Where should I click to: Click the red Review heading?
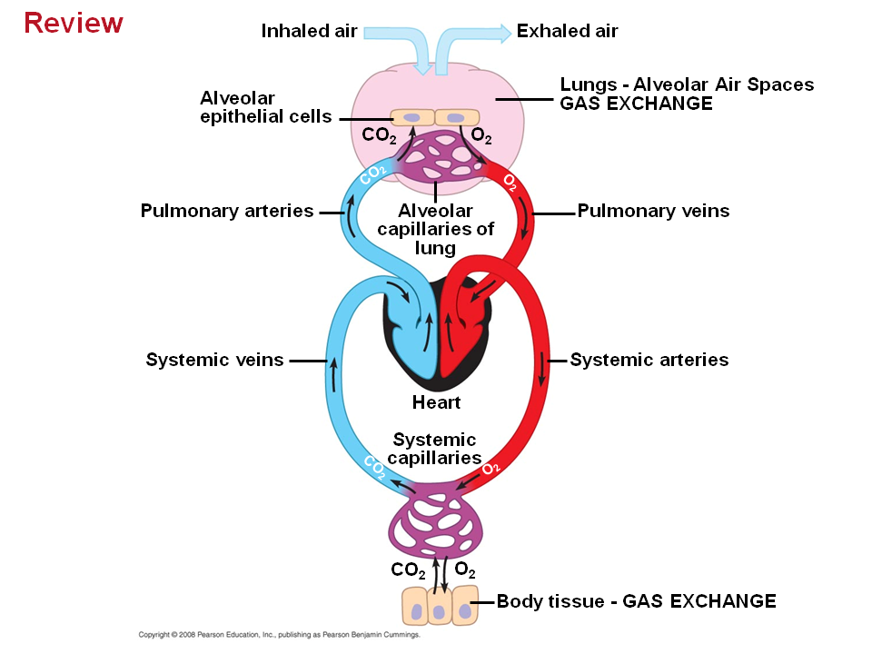(x=74, y=22)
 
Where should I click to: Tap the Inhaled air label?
(x=310, y=31)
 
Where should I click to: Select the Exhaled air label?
(x=567, y=31)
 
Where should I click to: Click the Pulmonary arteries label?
(x=227, y=212)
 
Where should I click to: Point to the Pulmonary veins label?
(x=653, y=212)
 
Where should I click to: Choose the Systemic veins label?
(x=214, y=360)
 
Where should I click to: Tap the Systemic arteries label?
(x=649, y=360)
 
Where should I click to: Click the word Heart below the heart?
(x=436, y=402)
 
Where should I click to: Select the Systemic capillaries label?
(x=434, y=449)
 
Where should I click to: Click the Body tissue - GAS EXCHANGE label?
(x=636, y=601)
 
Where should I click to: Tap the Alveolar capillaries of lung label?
(x=435, y=229)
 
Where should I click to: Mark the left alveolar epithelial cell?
(x=412, y=118)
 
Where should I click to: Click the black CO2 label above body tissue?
(x=408, y=570)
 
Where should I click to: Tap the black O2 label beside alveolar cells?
(x=481, y=137)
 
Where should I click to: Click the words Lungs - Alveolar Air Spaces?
(x=687, y=84)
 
